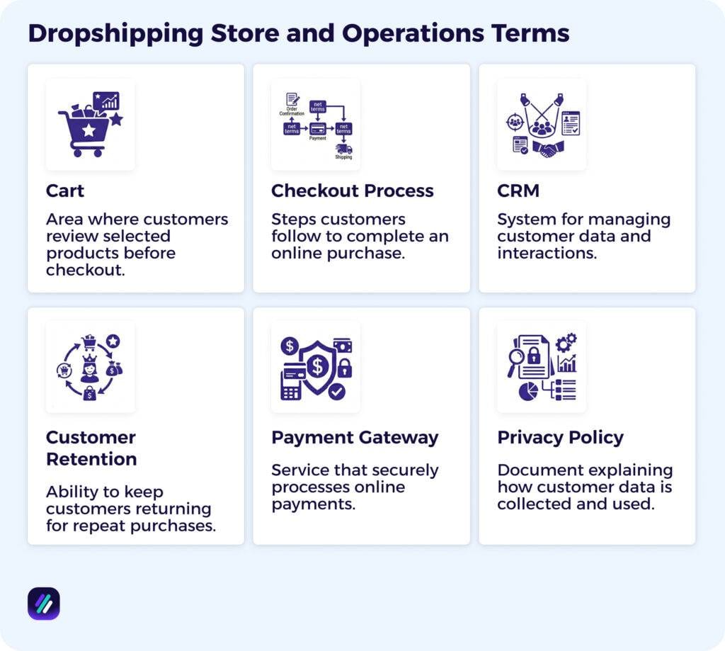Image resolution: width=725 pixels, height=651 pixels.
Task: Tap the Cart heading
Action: tap(65, 191)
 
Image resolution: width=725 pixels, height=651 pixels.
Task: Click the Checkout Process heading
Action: tap(352, 191)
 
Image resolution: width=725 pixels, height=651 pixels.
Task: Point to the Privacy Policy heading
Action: tap(560, 437)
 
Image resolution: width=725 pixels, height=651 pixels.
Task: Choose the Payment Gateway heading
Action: tap(355, 437)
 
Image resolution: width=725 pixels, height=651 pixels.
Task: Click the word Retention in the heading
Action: tap(91, 459)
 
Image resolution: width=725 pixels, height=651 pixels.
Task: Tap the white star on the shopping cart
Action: tap(89, 130)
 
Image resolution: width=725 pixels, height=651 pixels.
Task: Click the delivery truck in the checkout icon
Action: tap(344, 149)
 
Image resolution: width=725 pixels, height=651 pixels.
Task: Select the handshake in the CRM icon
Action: tap(547, 148)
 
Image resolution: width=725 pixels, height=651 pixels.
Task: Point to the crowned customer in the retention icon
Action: tap(90, 369)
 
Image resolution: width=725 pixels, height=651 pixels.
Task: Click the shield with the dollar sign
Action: tap(317, 366)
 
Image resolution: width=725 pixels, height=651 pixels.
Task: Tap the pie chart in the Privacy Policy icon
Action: tap(528, 391)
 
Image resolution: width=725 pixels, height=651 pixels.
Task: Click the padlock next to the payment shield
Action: tap(344, 368)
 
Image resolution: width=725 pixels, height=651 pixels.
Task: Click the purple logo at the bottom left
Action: tap(44, 604)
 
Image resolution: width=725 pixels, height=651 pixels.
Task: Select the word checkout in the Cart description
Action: tap(86, 270)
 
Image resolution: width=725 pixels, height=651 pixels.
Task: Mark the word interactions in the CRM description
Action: tap(547, 253)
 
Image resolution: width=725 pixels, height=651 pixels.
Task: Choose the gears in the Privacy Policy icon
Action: tap(566, 343)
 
